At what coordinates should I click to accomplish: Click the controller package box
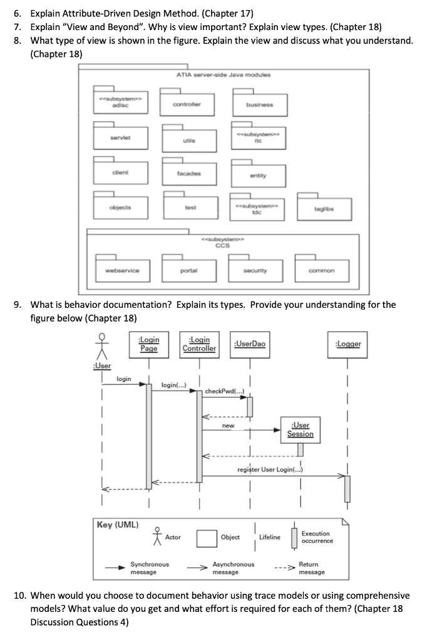tap(186, 103)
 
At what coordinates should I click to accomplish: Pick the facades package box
tap(186, 171)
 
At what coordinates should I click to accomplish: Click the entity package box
tap(258, 174)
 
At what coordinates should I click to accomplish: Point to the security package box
tap(255, 270)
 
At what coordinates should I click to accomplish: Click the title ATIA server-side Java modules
tap(224, 75)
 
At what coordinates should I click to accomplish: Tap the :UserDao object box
tap(249, 344)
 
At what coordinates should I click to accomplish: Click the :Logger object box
tap(348, 344)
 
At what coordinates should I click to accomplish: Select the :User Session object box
tap(300, 429)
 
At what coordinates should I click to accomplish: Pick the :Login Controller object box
tap(199, 344)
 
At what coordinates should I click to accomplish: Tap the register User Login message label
tap(270, 470)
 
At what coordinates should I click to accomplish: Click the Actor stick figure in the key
tap(157, 536)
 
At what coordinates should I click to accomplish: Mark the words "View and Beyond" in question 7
tap(101, 26)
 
